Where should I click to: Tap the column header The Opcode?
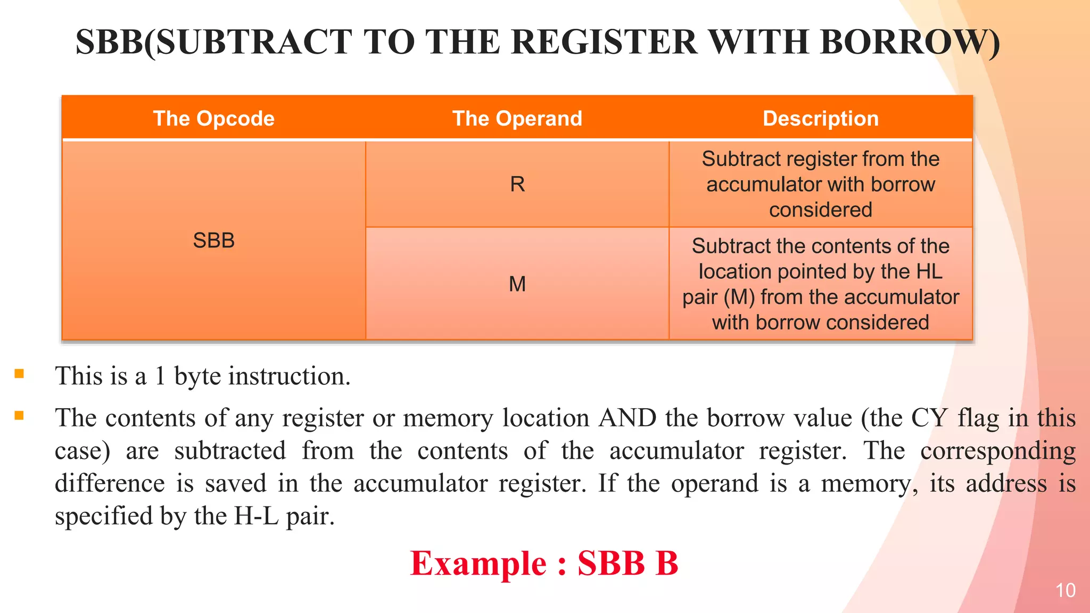click(213, 118)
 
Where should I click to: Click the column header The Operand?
click(517, 118)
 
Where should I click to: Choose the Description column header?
click(820, 118)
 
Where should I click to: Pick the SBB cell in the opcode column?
click(213, 241)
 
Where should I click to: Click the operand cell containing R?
click(517, 184)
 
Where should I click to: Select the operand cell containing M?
click(517, 284)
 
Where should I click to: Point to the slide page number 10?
click(1065, 591)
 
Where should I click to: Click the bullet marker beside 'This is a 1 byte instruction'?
click(19, 374)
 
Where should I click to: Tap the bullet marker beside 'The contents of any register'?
click(19, 416)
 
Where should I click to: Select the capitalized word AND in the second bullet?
click(627, 418)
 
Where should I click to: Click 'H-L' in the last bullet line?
click(256, 516)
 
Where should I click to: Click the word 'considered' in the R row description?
click(820, 210)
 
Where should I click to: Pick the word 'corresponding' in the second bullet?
click(997, 451)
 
